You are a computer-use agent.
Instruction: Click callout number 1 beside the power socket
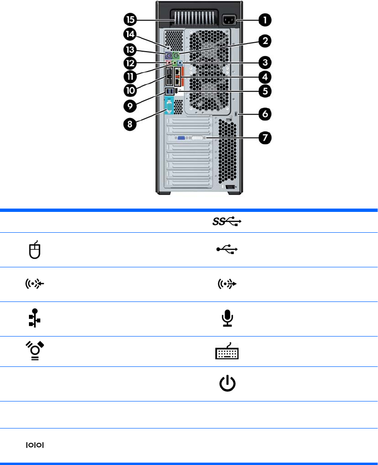pos(265,20)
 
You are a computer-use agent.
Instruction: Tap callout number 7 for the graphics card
pos(265,137)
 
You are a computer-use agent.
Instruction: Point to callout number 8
pos(130,125)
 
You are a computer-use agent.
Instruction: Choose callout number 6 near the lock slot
pos(265,114)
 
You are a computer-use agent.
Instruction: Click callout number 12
pos(130,63)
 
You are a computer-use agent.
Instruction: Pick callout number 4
pos(265,76)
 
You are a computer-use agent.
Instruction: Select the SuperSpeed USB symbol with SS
pos(224,221)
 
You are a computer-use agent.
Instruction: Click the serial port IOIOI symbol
pos(35,445)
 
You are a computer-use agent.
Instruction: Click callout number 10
pos(130,89)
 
